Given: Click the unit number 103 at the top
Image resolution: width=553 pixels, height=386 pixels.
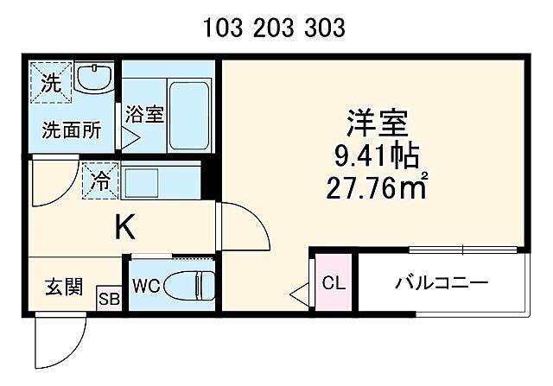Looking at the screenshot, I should (222, 29).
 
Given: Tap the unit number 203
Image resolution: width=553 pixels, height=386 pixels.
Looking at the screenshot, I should (275, 29).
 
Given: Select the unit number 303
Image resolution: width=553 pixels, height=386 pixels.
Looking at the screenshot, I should (326, 29).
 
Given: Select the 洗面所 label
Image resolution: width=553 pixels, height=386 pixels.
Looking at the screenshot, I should (72, 130).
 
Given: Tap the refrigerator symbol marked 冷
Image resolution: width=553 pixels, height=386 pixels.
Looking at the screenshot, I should (101, 182).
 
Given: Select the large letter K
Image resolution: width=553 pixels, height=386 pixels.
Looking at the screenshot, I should (124, 227).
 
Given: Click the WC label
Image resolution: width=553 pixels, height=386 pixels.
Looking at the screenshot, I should (145, 285).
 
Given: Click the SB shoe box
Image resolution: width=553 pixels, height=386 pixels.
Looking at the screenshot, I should (109, 298).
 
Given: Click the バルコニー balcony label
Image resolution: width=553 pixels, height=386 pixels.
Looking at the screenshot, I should (442, 283).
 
